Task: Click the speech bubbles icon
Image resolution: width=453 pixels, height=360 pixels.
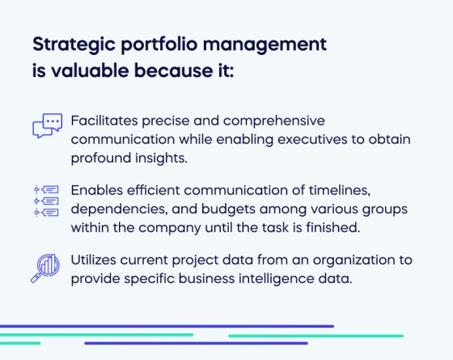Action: point(47,125)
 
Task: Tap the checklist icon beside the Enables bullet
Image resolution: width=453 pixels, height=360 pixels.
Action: point(47,201)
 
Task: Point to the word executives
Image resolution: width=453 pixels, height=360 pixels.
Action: point(311,138)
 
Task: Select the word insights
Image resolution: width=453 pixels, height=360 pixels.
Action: point(159,158)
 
